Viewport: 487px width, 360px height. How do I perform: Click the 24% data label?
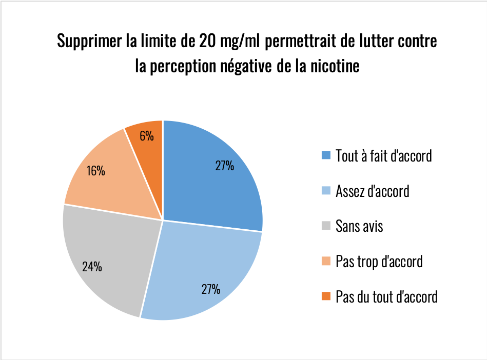coord(92,267)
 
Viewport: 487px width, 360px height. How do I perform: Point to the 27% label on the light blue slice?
coord(210,289)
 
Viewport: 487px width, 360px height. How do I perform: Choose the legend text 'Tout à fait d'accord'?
coord(383,155)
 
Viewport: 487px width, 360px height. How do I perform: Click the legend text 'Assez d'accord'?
coord(372,191)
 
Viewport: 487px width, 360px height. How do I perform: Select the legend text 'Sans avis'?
coord(359,226)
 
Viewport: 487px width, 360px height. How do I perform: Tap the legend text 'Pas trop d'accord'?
coord(379,262)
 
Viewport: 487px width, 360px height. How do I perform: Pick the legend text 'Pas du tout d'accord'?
coord(386,296)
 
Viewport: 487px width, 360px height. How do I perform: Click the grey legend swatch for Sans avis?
coord(326,226)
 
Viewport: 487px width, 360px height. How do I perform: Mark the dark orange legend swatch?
coord(326,296)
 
